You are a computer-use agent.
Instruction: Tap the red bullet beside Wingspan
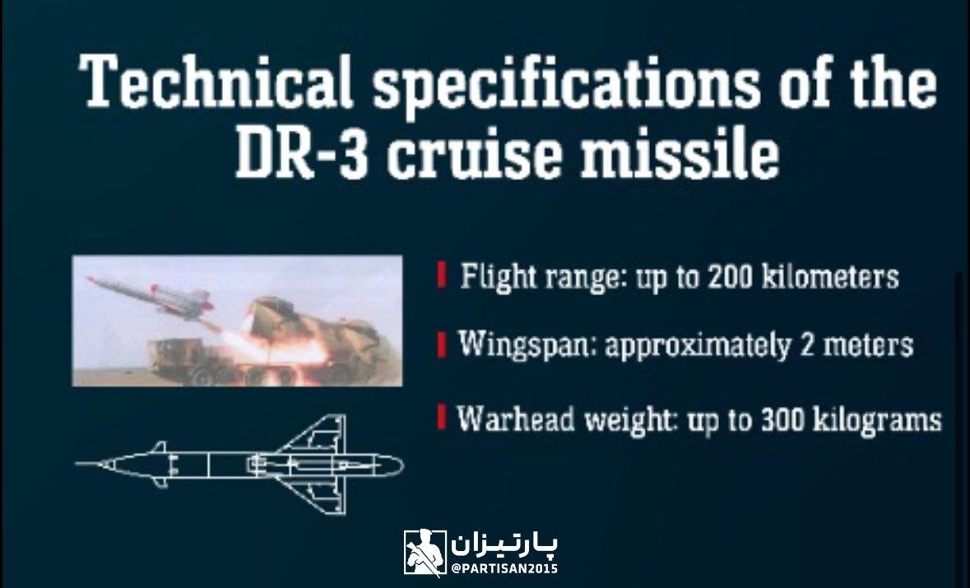443,344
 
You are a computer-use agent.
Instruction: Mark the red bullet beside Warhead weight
443,419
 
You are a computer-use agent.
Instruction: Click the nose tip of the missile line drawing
78,465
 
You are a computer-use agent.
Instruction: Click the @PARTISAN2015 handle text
504,568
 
